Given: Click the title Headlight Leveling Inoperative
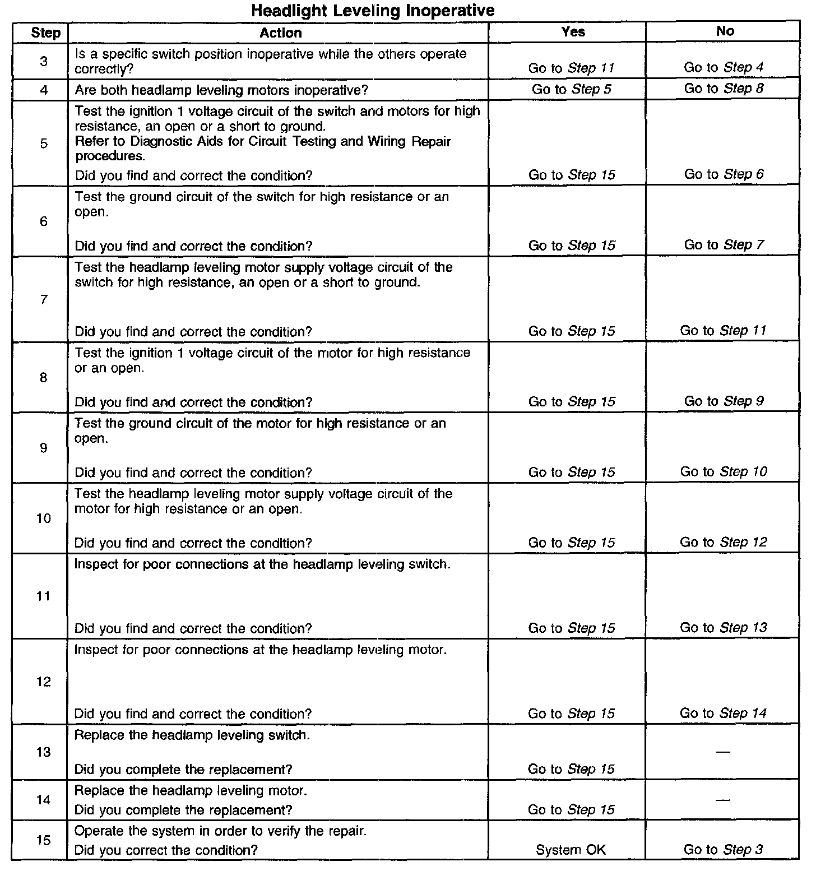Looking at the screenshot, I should [373, 10].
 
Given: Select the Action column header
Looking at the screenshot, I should [281, 33].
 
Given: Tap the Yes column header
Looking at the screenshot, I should [573, 31].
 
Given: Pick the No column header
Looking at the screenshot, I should [725, 31].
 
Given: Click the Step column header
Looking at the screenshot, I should [45, 33].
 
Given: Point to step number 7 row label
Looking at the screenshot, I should [44, 300].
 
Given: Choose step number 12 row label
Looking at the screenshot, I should [44, 682].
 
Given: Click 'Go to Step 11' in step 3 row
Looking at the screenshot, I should [571, 68].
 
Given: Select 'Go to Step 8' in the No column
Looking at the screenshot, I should [724, 89].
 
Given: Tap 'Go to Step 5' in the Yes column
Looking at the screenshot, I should [571, 89].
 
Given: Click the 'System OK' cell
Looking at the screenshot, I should [571, 850].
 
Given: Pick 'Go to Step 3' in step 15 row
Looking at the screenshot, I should [723, 850].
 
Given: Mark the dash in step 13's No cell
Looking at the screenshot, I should [724, 752].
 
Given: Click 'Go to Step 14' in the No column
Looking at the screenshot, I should [723, 714].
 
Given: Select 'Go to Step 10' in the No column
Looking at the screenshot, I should [724, 472].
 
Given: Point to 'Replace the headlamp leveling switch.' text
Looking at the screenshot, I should [192, 735].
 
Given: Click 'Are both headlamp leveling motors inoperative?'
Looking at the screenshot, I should [221, 90].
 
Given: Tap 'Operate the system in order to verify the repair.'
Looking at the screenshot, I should [220, 831].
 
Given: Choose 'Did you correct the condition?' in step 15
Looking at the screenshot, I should [166, 850].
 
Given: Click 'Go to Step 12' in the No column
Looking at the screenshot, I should [724, 543].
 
